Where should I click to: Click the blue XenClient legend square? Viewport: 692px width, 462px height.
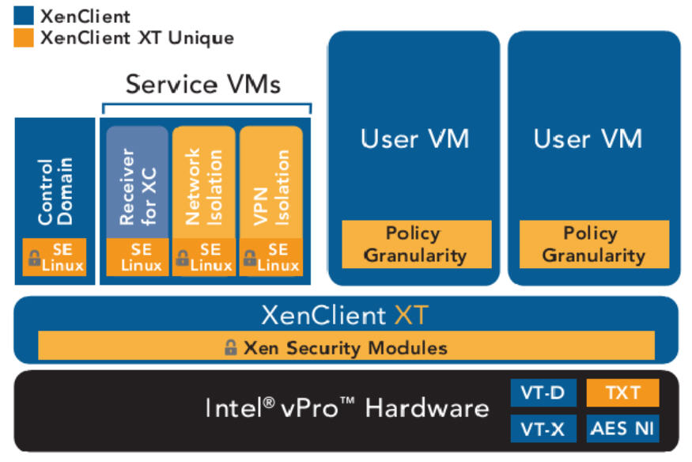click(x=24, y=16)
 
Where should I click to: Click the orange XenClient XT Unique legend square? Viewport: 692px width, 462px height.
click(x=24, y=37)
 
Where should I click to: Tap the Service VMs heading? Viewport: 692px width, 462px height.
click(x=203, y=84)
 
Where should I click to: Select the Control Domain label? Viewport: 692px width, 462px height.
click(x=55, y=191)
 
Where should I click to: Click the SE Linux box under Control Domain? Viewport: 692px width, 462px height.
click(x=55, y=256)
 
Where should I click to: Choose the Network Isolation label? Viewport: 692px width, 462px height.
click(x=203, y=187)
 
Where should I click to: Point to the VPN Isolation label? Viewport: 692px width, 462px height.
click(x=271, y=187)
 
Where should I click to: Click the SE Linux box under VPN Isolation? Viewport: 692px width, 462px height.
click(x=271, y=256)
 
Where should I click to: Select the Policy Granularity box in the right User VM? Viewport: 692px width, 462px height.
click(x=594, y=244)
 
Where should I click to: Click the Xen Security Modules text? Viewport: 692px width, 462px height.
click(x=345, y=347)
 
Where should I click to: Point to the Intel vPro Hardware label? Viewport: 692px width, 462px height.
click(x=347, y=409)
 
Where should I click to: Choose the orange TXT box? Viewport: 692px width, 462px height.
click(x=622, y=392)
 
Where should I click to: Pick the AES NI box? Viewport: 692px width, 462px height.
click(x=622, y=429)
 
